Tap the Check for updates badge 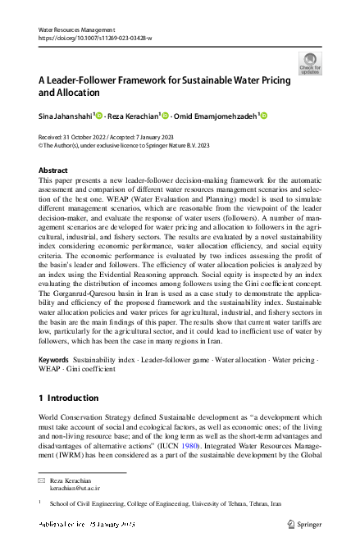[309, 63]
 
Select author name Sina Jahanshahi [66, 117]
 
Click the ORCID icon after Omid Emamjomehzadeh [264, 116]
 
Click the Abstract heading [53, 170]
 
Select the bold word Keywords [53, 359]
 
